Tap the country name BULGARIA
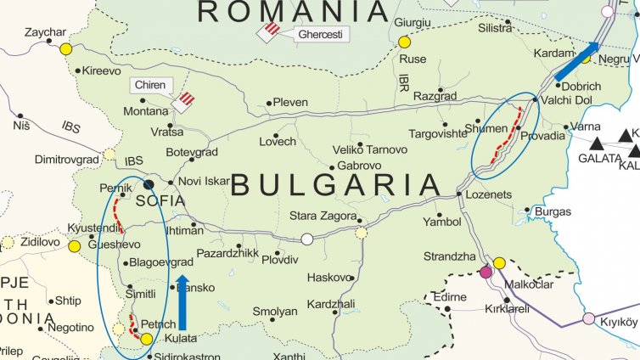point(336,185)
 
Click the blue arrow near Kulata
point(182,301)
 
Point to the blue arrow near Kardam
point(576,61)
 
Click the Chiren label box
point(153,85)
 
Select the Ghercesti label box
point(318,35)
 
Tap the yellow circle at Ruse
point(404,42)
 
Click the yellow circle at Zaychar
point(66,49)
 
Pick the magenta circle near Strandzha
point(486,272)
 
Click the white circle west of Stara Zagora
point(307,239)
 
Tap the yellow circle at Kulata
point(146,339)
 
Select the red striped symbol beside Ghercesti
point(270,31)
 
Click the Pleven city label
point(290,103)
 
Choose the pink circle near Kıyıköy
point(588,318)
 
